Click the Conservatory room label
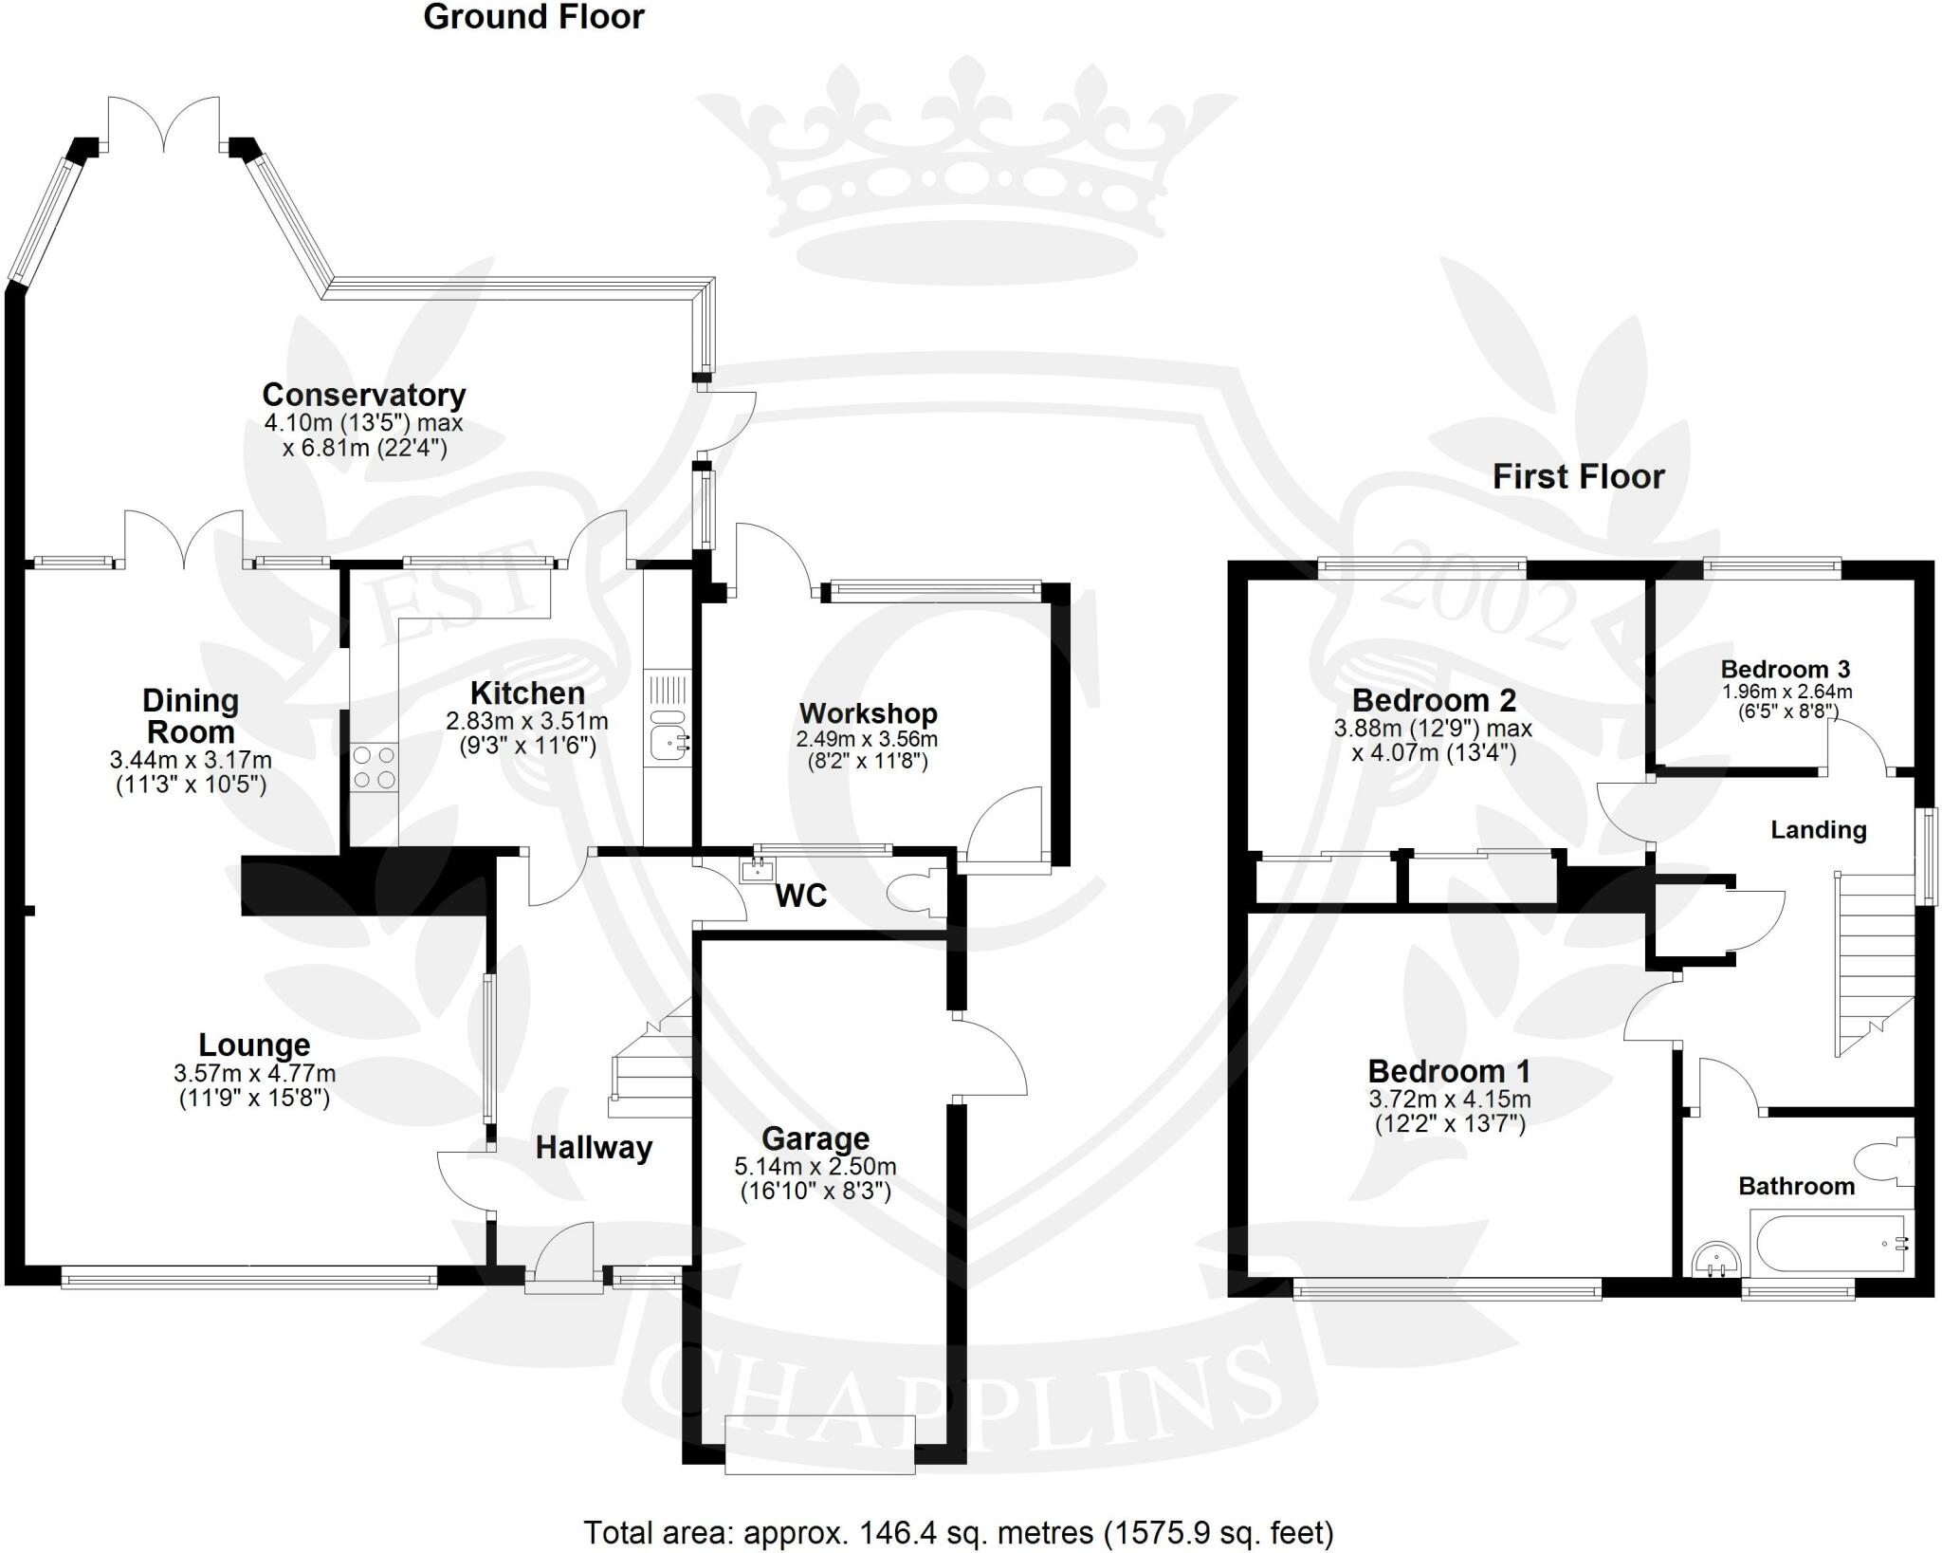(363, 395)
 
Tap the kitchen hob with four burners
(374, 767)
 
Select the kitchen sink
(669, 741)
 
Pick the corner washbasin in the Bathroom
(1715, 1260)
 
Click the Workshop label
(868, 713)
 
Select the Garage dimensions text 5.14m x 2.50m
(815, 1167)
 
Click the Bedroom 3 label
(1786, 669)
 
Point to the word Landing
(1818, 830)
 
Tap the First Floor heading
(1578, 476)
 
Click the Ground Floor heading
(533, 17)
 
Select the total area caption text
(958, 1532)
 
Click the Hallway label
(594, 1148)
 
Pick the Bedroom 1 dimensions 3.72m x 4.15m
(1449, 1100)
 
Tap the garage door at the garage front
(819, 1458)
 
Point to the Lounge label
(254, 1045)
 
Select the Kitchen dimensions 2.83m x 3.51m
(527, 722)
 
